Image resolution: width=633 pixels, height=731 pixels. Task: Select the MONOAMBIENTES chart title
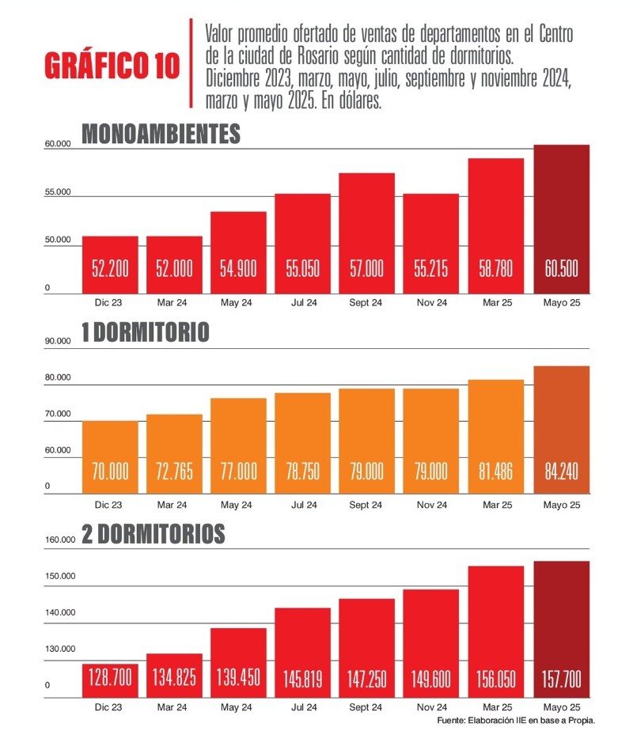161,134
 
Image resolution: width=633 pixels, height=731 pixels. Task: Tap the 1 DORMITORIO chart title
146,332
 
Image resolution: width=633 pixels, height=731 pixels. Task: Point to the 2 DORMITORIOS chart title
154,534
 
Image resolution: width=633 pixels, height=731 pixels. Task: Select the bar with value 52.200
110,265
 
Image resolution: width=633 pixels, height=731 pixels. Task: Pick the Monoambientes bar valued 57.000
366,233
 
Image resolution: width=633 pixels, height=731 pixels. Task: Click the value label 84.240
561,472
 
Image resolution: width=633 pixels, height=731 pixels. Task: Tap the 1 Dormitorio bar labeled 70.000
110,458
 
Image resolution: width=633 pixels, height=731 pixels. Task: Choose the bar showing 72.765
174,455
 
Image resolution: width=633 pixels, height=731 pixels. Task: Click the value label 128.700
110,678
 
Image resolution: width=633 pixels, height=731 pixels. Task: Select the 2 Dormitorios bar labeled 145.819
302,653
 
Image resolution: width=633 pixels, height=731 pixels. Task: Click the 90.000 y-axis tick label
59,341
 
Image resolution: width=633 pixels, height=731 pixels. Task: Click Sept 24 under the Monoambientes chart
366,301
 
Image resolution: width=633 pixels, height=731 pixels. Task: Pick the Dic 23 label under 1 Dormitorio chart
110,503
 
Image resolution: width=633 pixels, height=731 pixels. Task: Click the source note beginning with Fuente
515,721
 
